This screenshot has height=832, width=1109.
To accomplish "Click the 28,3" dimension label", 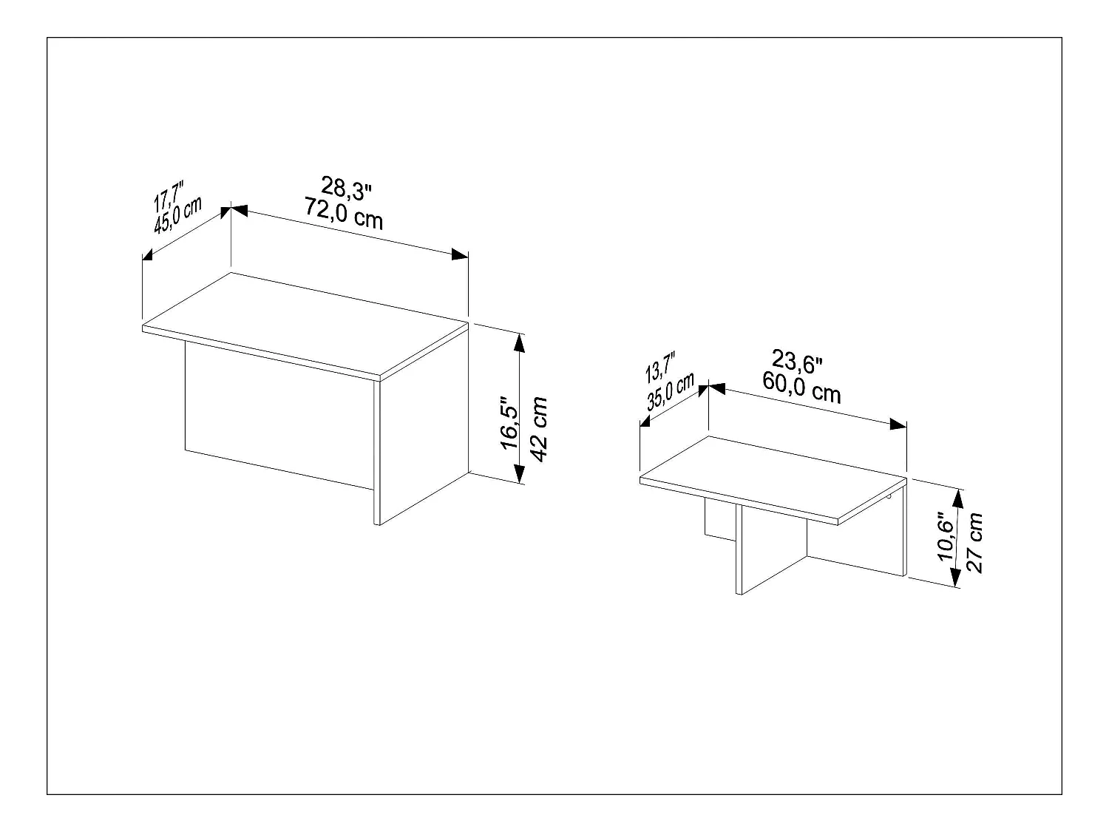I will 346,189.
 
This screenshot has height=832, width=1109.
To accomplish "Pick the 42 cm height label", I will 539,429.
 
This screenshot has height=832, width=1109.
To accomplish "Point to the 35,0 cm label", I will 671,392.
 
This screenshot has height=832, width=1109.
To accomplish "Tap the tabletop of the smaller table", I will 773,477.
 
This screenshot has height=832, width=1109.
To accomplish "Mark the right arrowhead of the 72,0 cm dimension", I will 461,254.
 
